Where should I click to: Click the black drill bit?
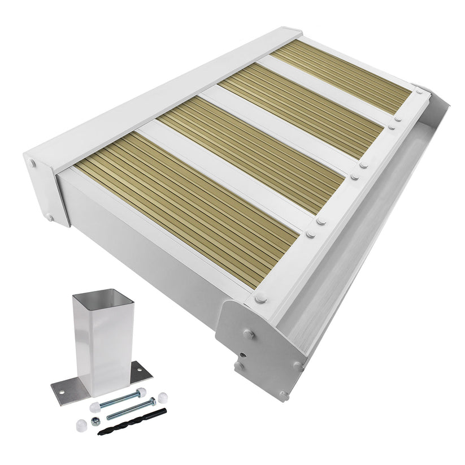[132, 422]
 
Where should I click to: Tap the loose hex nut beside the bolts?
[96, 420]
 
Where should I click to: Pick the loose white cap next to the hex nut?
[80, 422]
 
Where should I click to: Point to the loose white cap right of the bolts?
[162, 398]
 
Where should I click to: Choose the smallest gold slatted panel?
[342, 76]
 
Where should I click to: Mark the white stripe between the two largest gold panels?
[226, 172]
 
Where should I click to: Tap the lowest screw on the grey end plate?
[283, 394]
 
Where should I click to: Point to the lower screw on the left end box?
[50, 217]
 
